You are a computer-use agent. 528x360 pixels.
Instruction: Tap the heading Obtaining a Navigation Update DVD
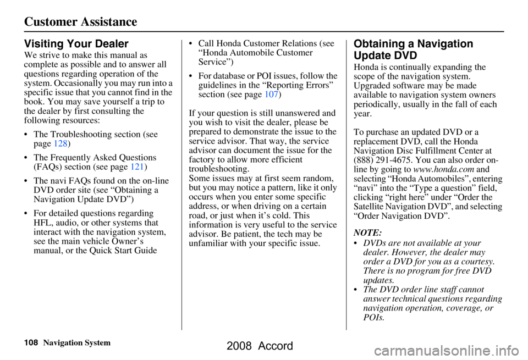413,49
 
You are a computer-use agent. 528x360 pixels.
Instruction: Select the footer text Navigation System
76,343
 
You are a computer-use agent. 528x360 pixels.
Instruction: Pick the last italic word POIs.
374,318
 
